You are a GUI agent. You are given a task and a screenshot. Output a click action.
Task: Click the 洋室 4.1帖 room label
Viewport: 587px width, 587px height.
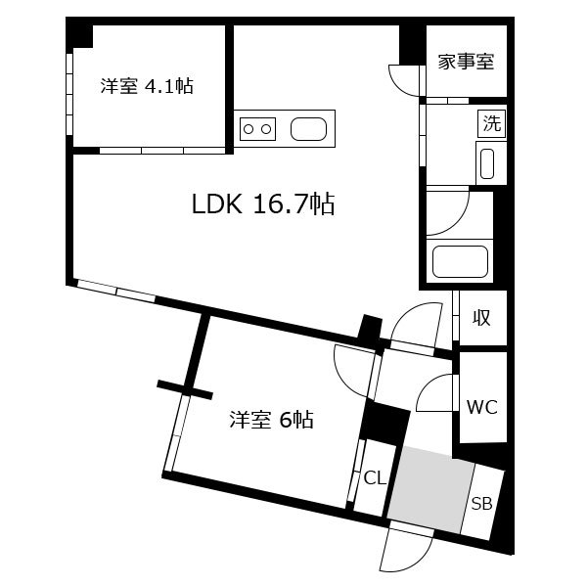(x=147, y=86)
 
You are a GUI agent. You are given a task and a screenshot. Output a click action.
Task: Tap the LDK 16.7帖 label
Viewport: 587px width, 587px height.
(x=263, y=204)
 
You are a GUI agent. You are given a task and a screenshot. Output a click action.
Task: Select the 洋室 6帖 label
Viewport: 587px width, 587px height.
(x=271, y=420)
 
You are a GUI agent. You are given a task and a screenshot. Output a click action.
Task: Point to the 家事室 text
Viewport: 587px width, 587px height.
(x=466, y=62)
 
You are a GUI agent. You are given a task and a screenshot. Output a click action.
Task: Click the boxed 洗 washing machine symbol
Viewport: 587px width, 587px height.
(x=491, y=123)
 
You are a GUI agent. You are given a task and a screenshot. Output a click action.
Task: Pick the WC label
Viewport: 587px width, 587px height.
(x=481, y=407)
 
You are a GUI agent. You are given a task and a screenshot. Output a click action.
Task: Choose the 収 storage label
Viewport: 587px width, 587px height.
(x=480, y=318)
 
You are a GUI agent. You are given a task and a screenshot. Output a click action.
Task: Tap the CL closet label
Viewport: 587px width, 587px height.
(x=375, y=478)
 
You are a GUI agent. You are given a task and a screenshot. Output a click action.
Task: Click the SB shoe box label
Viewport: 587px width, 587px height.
(x=481, y=504)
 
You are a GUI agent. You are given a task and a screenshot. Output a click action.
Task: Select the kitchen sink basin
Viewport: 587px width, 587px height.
(x=308, y=129)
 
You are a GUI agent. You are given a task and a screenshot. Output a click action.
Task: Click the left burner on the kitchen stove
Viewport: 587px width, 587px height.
(x=248, y=129)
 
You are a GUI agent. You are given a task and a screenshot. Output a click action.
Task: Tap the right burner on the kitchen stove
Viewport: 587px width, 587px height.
(x=266, y=129)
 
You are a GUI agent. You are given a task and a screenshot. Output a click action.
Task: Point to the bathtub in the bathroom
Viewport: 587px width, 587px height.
(x=460, y=261)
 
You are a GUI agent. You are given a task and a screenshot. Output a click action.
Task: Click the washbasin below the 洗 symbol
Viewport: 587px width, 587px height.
(x=487, y=163)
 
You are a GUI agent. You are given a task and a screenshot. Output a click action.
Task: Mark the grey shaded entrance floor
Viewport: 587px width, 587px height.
(x=430, y=488)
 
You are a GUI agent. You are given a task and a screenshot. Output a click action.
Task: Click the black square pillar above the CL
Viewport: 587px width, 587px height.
(x=384, y=423)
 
